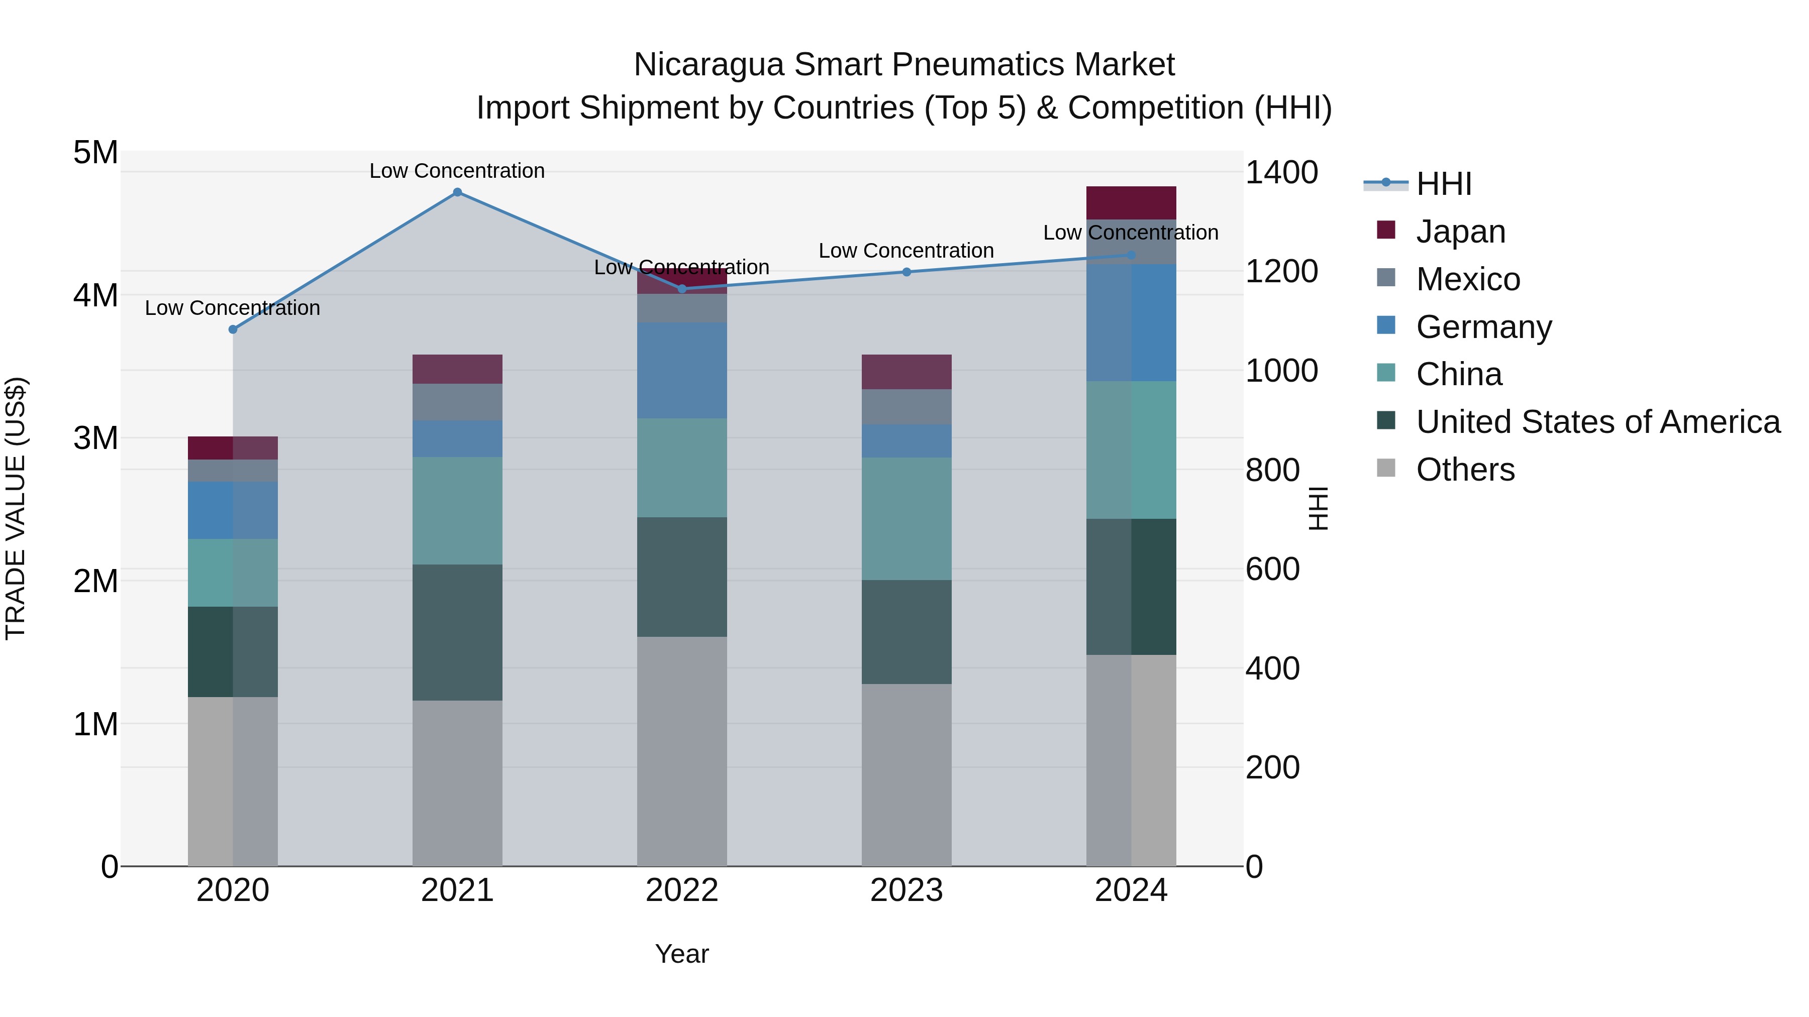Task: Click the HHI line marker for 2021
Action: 457,192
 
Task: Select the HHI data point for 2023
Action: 906,272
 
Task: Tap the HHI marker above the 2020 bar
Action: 233,329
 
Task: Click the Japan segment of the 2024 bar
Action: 1131,203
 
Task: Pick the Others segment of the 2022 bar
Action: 681,751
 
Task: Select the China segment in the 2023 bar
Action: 906,519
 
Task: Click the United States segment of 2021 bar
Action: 457,632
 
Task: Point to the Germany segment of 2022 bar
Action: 681,371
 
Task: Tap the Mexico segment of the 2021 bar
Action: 457,402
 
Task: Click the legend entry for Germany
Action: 1483,327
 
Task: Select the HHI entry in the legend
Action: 1443,184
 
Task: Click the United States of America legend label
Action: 1597,422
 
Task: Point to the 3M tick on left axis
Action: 95,438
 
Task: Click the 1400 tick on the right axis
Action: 1281,173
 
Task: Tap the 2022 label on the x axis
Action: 681,890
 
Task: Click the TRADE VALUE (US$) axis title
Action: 16,508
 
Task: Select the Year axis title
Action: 681,954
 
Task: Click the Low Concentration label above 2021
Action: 457,171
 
